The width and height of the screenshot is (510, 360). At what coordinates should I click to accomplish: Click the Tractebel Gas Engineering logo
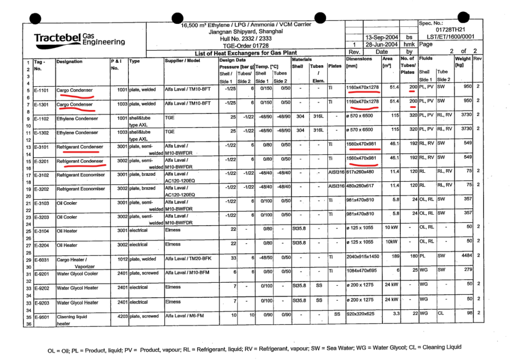tap(79, 38)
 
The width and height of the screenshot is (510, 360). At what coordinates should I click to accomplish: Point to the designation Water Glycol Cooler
tap(77, 273)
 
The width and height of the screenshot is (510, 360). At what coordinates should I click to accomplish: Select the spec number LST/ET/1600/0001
tap(451, 36)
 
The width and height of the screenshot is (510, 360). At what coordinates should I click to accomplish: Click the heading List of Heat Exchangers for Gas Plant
tap(247, 53)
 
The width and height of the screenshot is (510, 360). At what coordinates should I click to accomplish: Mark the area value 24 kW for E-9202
tap(391, 287)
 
